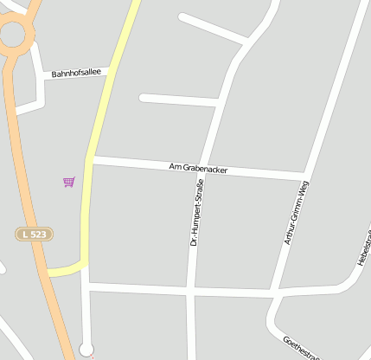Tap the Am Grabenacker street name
click(x=198, y=169)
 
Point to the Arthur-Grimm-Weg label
click(x=297, y=213)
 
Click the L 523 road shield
click(x=33, y=235)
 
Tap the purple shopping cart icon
click(x=68, y=182)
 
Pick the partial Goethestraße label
click(x=302, y=350)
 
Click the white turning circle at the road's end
click(x=86, y=349)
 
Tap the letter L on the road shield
click(x=25, y=235)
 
